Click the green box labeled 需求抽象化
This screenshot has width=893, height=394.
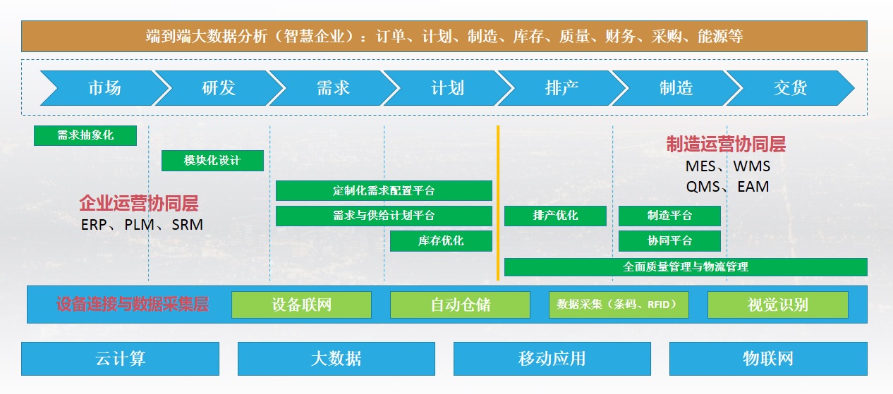pyautogui.click(x=85, y=135)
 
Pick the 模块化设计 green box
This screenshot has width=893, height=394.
pyautogui.click(x=212, y=161)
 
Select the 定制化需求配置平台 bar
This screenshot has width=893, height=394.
pyautogui.click(x=384, y=191)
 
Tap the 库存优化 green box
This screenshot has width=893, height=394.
pyautogui.click(x=441, y=241)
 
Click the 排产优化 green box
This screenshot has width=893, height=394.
pyautogui.click(x=555, y=216)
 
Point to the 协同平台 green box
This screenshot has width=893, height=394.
pyautogui.click(x=669, y=241)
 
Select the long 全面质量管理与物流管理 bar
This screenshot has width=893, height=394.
pyautogui.click(x=686, y=267)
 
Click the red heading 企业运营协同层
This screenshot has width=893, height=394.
pyautogui.click(x=139, y=204)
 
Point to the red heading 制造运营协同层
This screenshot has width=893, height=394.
pyautogui.click(x=726, y=144)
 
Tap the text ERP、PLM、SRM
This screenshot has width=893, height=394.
pyautogui.click(x=142, y=226)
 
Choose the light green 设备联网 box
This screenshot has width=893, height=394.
pyautogui.click(x=301, y=305)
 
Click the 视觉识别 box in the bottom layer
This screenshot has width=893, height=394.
pyautogui.click(x=777, y=305)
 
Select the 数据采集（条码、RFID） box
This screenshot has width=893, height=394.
pyautogui.click(x=618, y=305)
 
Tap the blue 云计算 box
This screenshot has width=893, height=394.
pyautogui.click(x=120, y=358)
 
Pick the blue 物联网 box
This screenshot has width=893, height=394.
pyautogui.click(x=767, y=358)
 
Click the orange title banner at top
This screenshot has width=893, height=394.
pyautogui.click(x=444, y=36)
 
